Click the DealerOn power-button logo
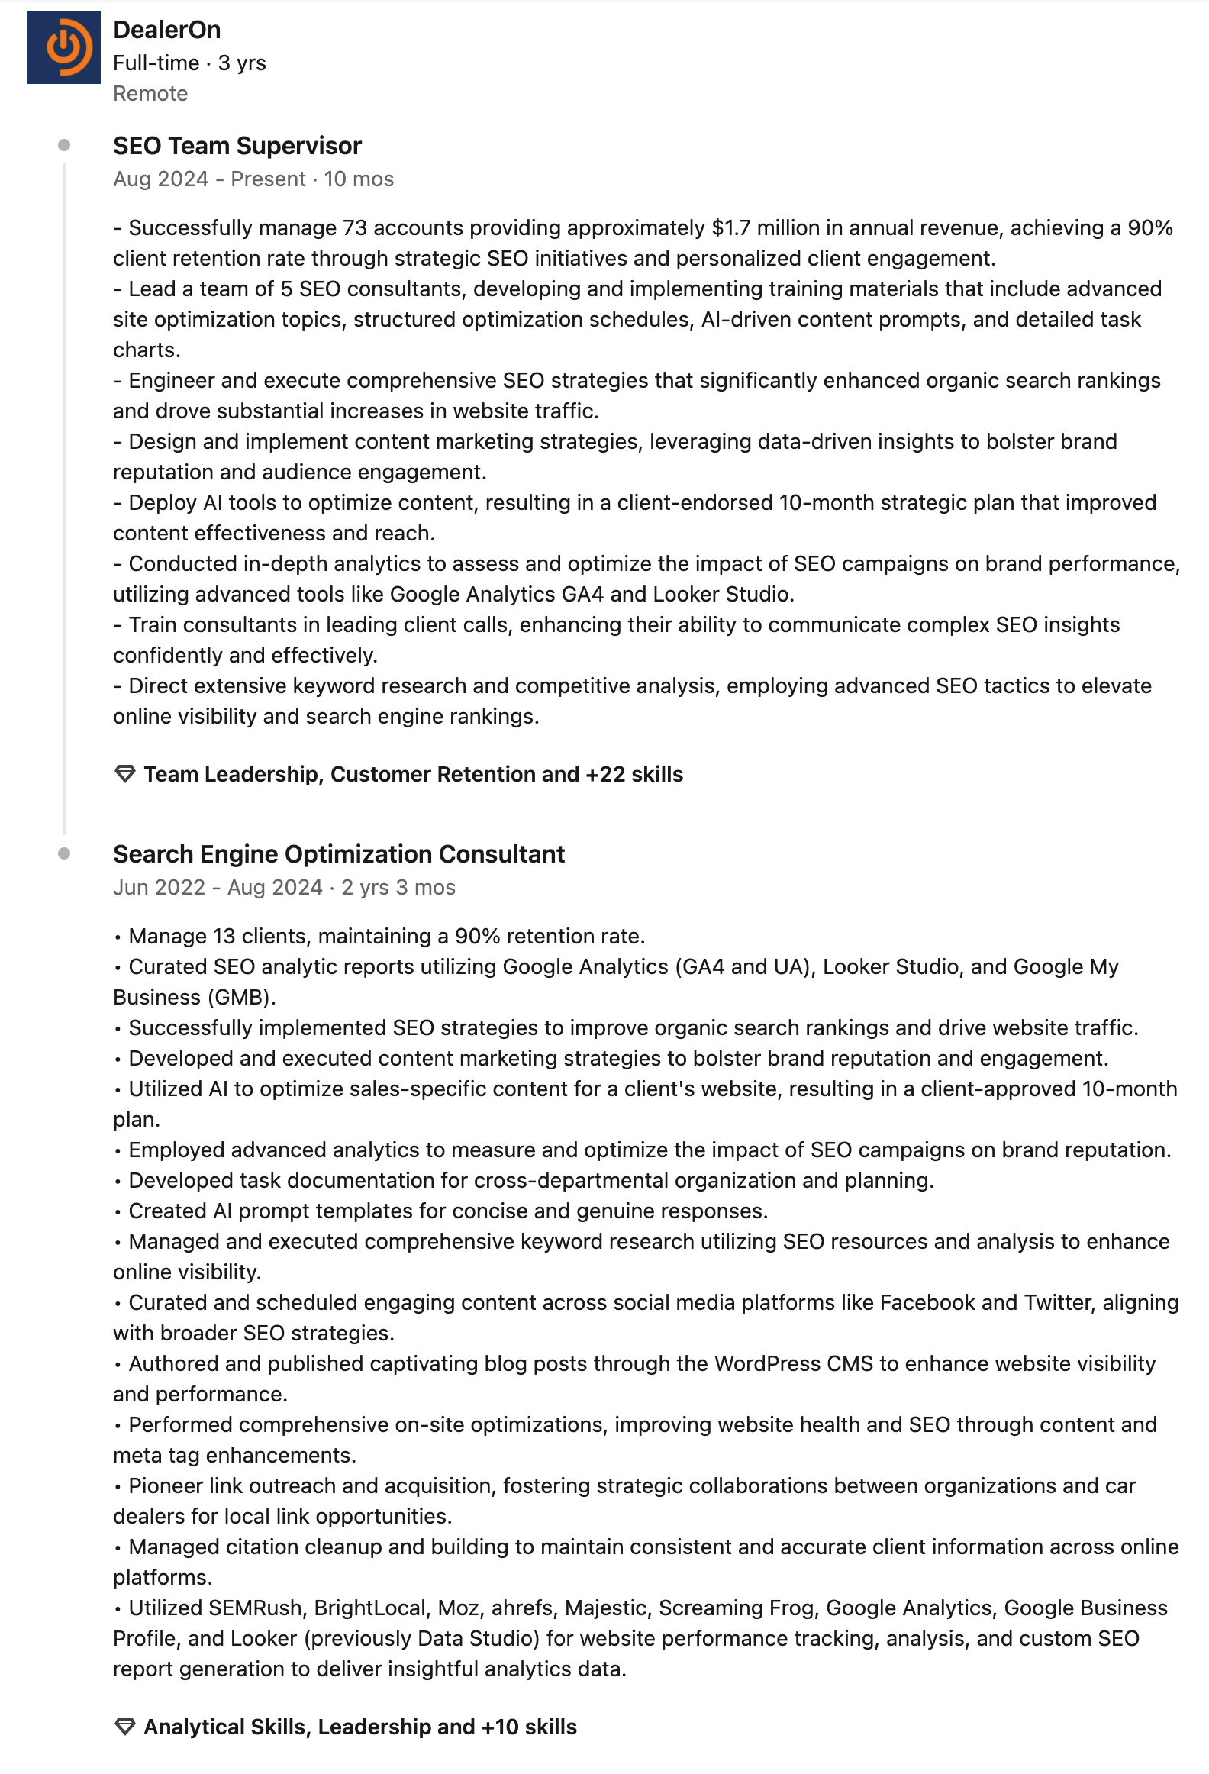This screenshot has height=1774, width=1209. click(64, 47)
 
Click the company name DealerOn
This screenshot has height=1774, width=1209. click(166, 30)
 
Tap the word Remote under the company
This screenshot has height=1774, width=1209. click(150, 94)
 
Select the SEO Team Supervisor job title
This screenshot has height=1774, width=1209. click(237, 146)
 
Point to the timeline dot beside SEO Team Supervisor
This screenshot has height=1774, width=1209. click(64, 145)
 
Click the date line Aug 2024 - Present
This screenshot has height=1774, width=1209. click(209, 179)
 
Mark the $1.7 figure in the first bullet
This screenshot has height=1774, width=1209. click(730, 228)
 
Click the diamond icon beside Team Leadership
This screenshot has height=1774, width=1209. click(124, 774)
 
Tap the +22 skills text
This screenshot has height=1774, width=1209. click(634, 775)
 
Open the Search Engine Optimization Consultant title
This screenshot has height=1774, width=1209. click(339, 854)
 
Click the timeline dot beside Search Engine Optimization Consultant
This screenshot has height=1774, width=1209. click(64, 853)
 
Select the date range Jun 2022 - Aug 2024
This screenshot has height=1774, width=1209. click(218, 888)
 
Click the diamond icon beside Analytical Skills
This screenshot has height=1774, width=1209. click(124, 1727)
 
